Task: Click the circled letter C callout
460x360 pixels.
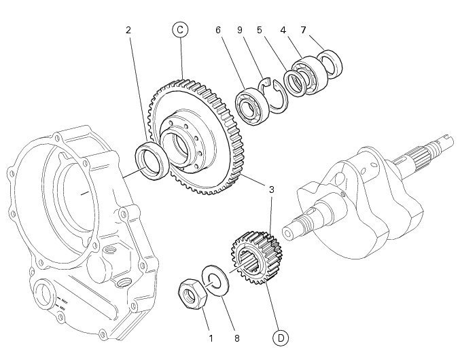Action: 180,30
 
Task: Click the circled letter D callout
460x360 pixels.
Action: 281,338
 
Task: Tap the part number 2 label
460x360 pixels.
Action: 128,30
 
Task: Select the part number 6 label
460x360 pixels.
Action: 217,30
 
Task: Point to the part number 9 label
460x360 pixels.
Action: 240,30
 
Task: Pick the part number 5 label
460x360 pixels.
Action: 259,30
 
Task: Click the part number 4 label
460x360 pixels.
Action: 283,30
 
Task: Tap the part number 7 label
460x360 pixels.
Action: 303,30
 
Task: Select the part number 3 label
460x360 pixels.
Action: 271,190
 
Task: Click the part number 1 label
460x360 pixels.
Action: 211,338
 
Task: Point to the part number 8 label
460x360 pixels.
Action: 237,338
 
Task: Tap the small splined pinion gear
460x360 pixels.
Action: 257,257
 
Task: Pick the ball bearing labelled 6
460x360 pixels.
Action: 252,107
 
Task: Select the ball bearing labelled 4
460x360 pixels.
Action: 310,75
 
